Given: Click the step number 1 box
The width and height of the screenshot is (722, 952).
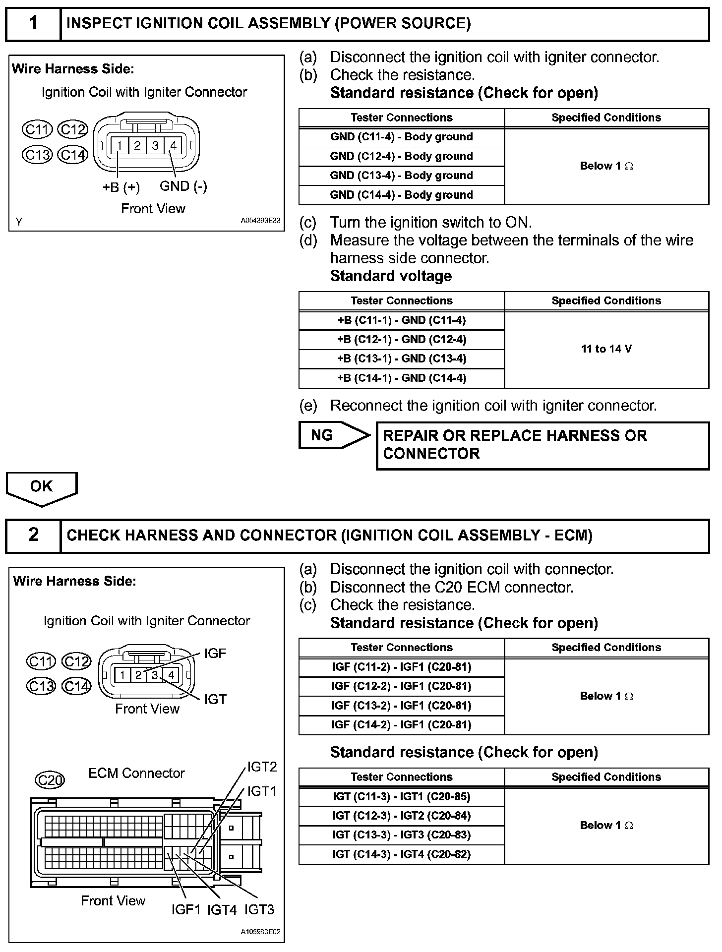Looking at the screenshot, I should click(33, 23).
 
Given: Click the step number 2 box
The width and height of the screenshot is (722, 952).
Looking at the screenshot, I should click(33, 535).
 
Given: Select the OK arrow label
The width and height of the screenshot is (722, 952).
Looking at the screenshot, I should click(41, 486).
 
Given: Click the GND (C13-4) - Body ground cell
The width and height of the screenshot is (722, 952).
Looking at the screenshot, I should click(401, 176).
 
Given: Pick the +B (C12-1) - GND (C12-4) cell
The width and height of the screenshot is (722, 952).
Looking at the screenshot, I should click(401, 340).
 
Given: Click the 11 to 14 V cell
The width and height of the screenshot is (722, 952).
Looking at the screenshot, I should click(606, 349).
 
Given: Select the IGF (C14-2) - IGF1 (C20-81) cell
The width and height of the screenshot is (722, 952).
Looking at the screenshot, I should click(401, 725).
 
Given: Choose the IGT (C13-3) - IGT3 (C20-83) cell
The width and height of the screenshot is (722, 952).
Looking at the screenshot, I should click(401, 835).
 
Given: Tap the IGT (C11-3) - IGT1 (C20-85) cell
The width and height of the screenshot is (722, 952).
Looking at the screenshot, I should click(401, 797).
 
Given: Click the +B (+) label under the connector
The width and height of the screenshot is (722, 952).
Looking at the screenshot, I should click(121, 188).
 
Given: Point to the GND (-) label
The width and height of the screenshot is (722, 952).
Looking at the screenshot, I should click(183, 186).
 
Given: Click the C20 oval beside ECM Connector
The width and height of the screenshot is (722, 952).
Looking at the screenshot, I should click(50, 780).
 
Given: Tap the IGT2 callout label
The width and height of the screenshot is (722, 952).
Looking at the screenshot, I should click(262, 767).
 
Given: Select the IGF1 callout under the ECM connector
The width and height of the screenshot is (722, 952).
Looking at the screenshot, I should click(185, 909).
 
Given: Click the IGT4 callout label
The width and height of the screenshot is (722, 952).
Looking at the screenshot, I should click(222, 909).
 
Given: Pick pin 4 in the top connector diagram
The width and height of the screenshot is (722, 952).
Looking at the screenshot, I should click(173, 145).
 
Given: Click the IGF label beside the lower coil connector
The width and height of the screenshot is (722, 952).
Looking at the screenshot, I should click(215, 654).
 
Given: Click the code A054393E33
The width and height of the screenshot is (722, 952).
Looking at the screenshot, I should click(261, 220).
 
